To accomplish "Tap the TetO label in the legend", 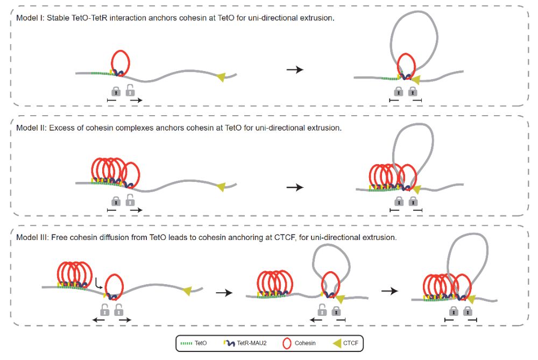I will [x=201, y=343].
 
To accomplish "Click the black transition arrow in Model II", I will [x=294, y=187].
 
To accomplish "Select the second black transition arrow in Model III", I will [x=389, y=291].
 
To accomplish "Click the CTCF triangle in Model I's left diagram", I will [x=221, y=79].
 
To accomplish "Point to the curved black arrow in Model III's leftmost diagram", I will [x=98, y=282].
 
